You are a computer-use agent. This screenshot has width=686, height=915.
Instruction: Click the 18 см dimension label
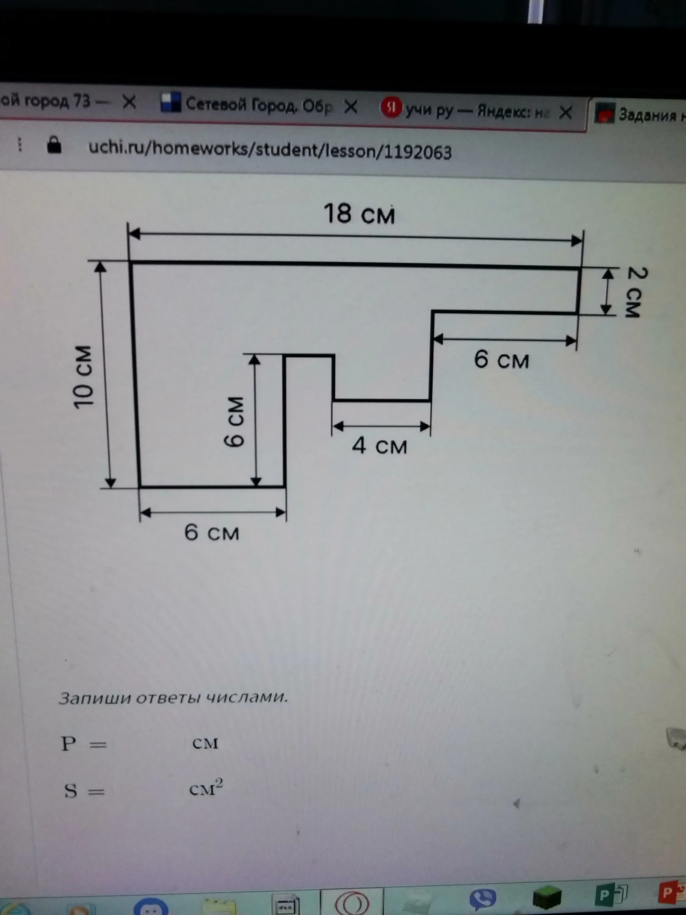[359, 214]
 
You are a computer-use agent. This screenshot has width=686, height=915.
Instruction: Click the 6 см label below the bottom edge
[212, 532]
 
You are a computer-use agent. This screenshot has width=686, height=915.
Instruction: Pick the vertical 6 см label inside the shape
[235, 422]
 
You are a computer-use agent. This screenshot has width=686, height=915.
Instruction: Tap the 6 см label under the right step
[501, 360]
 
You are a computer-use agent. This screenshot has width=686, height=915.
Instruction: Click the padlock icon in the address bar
[54, 145]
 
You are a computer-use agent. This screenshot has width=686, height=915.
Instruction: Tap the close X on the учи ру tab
[565, 112]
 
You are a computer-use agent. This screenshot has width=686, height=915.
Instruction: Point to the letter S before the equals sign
[71, 791]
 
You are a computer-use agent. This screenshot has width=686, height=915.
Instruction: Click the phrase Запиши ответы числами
[173, 698]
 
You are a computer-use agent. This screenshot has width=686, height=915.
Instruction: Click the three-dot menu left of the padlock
[20, 145]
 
